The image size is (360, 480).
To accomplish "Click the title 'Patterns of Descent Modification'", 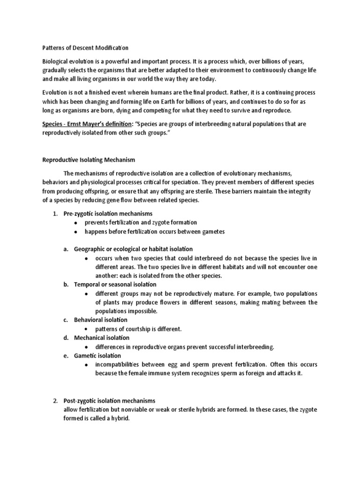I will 83,48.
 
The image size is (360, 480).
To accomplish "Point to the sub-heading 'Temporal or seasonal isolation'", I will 115,285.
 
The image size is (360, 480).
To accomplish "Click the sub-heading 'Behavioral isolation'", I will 101,320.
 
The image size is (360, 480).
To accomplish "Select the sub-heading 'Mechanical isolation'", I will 102,337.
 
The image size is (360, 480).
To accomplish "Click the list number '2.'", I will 55,401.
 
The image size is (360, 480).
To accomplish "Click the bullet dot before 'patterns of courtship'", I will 87,329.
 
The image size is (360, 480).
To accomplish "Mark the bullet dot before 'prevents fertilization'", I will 76,223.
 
